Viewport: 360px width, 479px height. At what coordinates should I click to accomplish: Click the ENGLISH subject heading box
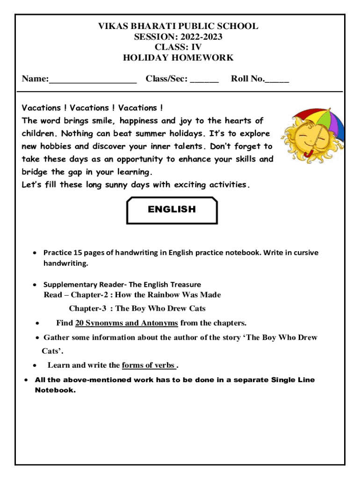[172, 210]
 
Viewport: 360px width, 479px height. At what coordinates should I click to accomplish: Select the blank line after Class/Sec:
[204, 80]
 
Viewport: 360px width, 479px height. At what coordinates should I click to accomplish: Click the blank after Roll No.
[277, 80]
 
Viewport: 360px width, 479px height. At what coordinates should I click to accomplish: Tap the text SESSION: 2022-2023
[178, 36]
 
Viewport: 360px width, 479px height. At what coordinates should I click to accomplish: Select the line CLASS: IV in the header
[178, 47]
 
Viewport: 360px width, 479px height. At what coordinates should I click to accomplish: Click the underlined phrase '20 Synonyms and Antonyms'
[126, 323]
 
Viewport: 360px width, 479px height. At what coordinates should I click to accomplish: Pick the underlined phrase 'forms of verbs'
[149, 365]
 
